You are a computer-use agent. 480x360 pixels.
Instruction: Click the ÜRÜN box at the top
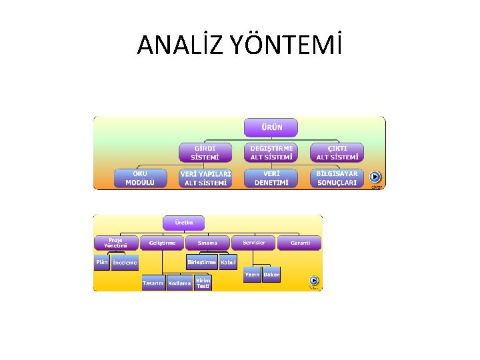(x=271, y=127)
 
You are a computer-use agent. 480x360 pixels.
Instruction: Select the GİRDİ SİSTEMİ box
(x=205, y=153)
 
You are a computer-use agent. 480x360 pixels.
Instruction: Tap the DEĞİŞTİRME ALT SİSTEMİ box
(x=271, y=153)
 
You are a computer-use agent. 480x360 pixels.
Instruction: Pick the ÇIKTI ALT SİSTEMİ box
(x=337, y=153)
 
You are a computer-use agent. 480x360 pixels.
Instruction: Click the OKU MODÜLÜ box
(x=140, y=178)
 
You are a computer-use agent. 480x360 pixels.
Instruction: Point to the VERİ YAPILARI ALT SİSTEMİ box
(x=205, y=179)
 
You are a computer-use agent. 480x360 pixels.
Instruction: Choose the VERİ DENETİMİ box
(x=271, y=178)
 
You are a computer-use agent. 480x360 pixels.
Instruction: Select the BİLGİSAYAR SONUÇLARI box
(x=337, y=178)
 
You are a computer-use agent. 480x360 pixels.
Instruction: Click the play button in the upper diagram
(x=375, y=177)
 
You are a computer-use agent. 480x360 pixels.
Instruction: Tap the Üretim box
(x=183, y=223)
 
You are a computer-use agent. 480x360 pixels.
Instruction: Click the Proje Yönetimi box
(x=115, y=243)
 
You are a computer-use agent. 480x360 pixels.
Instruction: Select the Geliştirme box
(x=162, y=243)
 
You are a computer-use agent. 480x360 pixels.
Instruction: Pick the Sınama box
(x=207, y=243)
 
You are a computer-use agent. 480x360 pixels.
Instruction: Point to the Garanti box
(x=299, y=243)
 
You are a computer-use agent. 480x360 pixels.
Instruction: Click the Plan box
(x=101, y=262)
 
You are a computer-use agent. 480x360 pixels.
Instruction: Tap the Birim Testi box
(x=203, y=283)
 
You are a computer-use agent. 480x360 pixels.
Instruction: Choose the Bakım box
(x=271, y=275)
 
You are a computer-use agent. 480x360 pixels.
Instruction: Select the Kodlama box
(x=179, y=283)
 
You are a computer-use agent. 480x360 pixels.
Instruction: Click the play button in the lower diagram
(x=314, y=281)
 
